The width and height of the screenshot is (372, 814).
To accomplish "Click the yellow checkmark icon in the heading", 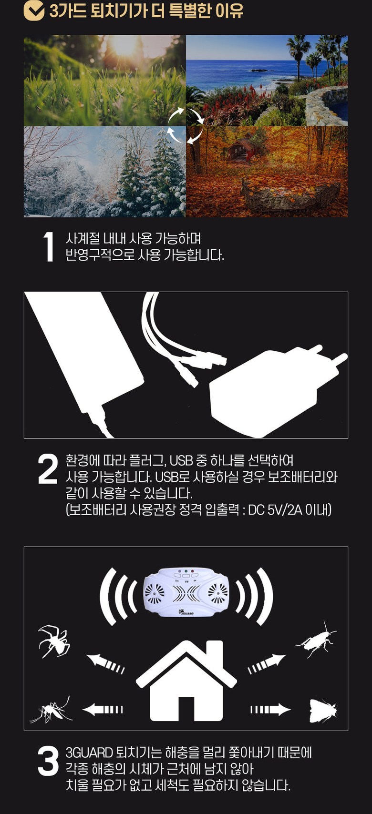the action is click(x=34, y=11).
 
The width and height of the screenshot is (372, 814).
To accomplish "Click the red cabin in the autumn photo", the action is click(x=241, y=148).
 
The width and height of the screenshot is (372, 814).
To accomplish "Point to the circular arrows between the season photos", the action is click(x=186, y=126).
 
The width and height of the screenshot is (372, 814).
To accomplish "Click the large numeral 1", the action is click(x=49, y=247).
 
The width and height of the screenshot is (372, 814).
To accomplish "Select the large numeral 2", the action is click(x=48, y=468).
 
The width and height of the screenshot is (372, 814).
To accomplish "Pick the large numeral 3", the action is click(x=48, y=761).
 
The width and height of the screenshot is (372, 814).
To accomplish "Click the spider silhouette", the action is click(x=54, y=641).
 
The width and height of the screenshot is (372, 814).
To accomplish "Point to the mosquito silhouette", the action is click(x=51, y=709).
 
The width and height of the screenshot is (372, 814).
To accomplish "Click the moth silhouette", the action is click(x=323, y=711).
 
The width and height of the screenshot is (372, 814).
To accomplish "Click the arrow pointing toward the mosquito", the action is click(x=103, y=709).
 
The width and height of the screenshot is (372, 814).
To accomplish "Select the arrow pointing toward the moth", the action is click(x=270, y=709).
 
